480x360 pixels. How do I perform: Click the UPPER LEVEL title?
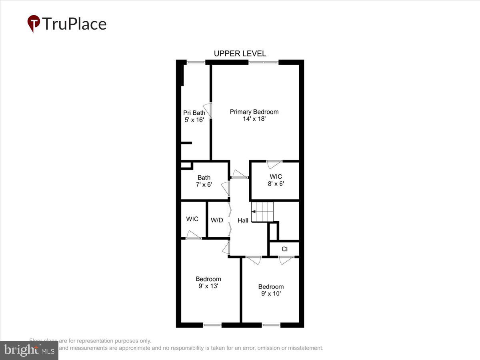240,54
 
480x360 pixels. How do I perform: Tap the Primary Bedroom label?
254,112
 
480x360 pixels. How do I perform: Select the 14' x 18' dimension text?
254,119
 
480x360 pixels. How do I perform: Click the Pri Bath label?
194,113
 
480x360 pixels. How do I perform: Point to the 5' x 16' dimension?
194,120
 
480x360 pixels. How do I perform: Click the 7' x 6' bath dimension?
204,185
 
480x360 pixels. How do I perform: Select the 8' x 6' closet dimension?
276,184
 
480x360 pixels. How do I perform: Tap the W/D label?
217,220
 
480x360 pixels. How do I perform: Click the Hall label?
243,220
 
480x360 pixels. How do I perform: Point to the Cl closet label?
284,249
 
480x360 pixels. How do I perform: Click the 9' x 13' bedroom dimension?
208,286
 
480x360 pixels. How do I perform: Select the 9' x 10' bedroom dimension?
271,294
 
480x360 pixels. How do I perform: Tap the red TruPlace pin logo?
34,23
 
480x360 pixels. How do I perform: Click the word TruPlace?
74,24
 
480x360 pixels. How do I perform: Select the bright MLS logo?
29,350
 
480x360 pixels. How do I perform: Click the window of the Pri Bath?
196,62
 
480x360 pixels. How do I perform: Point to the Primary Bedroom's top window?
264,62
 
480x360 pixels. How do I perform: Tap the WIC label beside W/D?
192,219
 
